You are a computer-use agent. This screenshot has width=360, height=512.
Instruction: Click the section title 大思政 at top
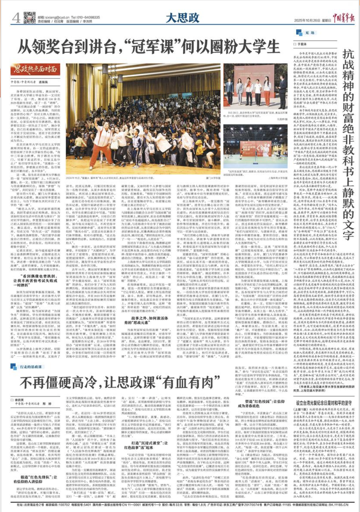182,17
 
